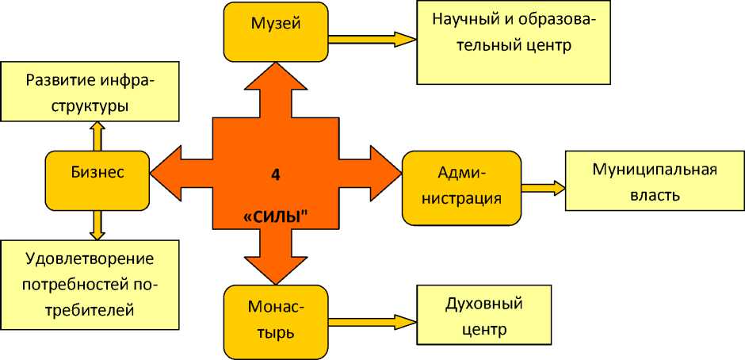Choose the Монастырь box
pos(275,319)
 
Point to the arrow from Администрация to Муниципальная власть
pos(543,188)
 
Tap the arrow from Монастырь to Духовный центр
pos(371,322)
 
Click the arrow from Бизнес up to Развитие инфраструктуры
pos(97,136)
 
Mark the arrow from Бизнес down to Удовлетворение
pos(97,224)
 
